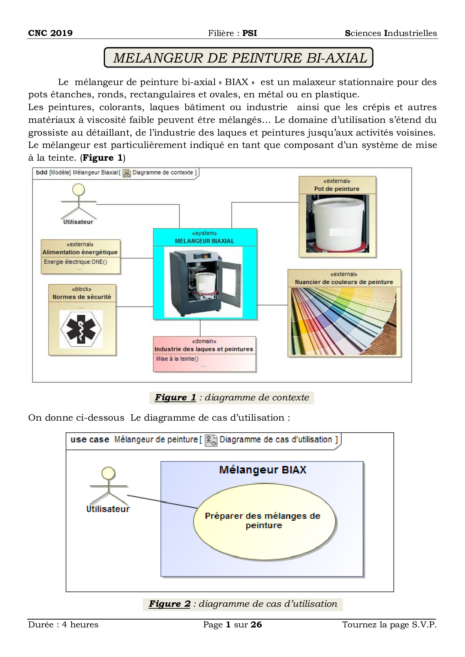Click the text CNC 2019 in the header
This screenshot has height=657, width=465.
[50, 33]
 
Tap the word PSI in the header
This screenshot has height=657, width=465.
[249, 33]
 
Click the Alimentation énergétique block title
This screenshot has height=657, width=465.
[80, 252]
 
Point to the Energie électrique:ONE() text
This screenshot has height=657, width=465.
[75, 262]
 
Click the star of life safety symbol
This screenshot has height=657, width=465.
[81, 329]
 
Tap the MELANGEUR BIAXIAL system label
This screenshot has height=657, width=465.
[204, 241]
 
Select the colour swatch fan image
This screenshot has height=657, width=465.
[344, 321]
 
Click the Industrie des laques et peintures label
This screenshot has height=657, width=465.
[204, 349]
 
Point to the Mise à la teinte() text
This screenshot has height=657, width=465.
[177, 358]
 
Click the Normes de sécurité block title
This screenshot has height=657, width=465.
[82, 297]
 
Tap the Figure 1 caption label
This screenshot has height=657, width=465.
[175, 397]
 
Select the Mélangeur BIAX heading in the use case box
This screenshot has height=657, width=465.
[262, 470]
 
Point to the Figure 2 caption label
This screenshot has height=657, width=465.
[169, 604]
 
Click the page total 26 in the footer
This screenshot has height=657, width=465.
[256, 624]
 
